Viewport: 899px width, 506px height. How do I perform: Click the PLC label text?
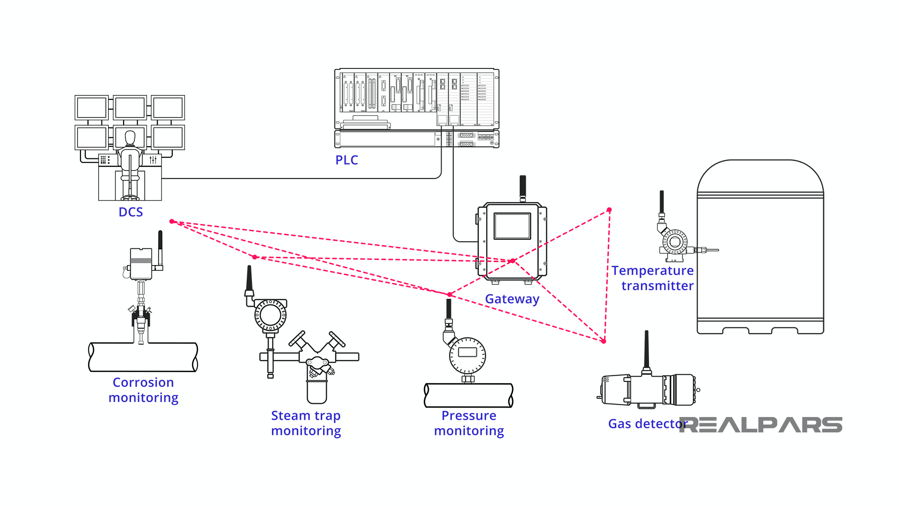346,160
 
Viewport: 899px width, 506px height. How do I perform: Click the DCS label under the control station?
131,212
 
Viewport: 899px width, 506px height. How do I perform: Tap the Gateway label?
512,299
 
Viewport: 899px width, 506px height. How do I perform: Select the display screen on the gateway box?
512,226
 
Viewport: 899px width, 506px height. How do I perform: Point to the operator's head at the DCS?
130,138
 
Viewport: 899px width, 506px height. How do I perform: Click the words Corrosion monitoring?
143,390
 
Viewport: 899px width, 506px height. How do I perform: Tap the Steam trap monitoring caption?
306,423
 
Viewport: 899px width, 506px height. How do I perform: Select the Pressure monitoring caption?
469,423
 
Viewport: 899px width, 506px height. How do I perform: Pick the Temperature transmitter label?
653,278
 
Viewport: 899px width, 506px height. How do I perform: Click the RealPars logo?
761,424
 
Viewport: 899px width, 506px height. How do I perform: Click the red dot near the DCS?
172,221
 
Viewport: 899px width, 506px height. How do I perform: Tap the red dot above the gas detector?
604,341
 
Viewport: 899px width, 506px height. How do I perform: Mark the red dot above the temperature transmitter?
609,210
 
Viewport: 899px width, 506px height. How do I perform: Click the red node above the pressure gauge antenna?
449,294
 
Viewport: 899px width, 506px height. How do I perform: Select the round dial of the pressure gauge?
467,355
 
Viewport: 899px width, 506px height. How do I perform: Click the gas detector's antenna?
647,350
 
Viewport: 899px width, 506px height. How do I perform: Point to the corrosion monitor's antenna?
160,247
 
